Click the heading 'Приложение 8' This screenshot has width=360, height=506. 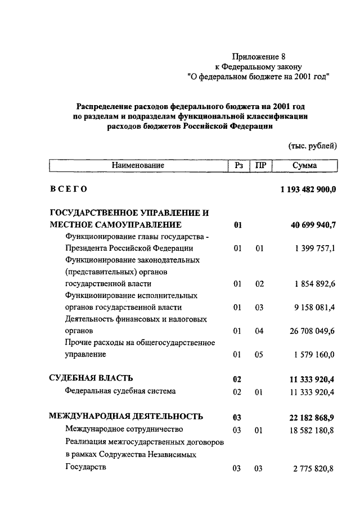coord(259,56)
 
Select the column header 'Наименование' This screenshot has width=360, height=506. coord(138,166)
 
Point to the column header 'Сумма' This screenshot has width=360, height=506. coord(305,166)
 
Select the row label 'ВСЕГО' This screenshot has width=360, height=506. coord(68,189)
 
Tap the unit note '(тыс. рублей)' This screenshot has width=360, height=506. coord(312,146)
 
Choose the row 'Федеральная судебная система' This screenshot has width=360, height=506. coord(120,391)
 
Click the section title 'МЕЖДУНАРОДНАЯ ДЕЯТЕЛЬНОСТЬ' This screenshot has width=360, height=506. coord(126,416)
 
